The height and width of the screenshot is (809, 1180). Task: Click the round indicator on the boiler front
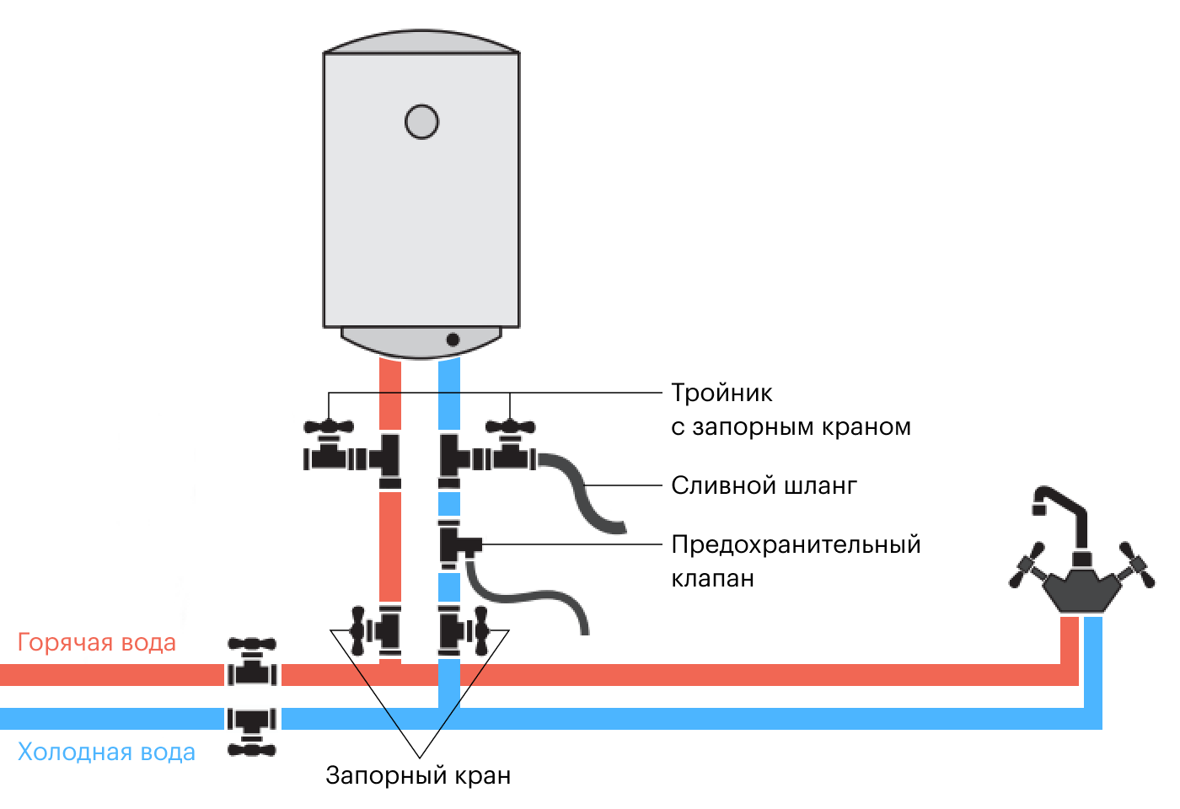coord(421,121)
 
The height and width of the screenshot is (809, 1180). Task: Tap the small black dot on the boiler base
coord(453,340)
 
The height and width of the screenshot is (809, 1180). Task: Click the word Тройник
coord(721,394)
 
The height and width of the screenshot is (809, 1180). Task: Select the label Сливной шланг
coord(764,486)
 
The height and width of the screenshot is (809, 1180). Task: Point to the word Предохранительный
coord(796,545)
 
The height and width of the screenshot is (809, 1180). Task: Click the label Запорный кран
coord(418,775)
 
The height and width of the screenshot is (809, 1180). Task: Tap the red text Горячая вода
coord(97,643)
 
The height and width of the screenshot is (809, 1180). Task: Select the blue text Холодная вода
coord(106,752)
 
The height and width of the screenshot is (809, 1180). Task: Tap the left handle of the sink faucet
coord(1027,567)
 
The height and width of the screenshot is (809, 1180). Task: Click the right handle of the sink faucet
coord(1136,566)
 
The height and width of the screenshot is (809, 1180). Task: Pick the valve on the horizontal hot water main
coord(252,666)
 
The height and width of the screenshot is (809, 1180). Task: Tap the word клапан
coord(712,579)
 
